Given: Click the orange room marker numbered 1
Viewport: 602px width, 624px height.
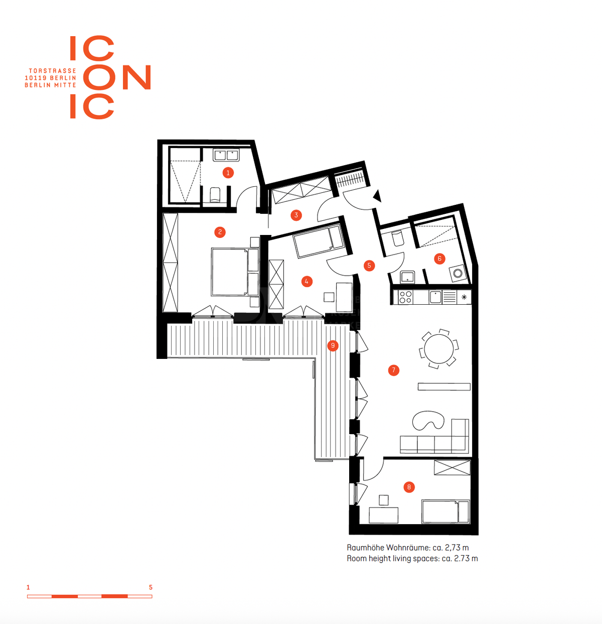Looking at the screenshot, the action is click(228, 173).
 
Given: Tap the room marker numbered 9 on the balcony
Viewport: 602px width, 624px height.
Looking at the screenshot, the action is click(333, 345).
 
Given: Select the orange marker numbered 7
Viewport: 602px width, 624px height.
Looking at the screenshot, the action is click(393, 370).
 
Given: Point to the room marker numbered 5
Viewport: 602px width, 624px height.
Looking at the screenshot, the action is click(369, 266).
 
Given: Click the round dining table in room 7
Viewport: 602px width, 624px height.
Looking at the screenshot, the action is click(438, 349).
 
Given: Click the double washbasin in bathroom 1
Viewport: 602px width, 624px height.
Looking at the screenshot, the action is click(226, 156).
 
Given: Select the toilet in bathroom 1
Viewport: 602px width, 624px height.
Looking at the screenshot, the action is click(215, 195).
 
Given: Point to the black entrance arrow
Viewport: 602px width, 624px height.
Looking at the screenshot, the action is click(377, 196).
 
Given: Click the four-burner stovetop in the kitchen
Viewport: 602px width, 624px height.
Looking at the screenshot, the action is click(405, 297).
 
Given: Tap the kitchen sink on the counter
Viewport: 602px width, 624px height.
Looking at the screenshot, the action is click(435, 297).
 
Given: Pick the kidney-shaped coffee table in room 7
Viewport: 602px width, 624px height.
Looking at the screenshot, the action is click(428, 420).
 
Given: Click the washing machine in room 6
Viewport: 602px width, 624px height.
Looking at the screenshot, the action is click(458, 274).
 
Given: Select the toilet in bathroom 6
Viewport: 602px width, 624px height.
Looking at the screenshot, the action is click(397, 238).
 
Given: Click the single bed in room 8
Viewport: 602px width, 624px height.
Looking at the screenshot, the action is click(445, 512).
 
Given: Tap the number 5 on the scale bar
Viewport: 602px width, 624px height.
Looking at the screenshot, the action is click(150, 587).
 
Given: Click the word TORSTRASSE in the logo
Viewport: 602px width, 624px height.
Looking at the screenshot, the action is click(53, 71).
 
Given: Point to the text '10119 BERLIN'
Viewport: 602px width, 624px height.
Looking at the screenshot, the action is click(51, 78).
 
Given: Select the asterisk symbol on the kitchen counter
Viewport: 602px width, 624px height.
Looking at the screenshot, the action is click(464, 297).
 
